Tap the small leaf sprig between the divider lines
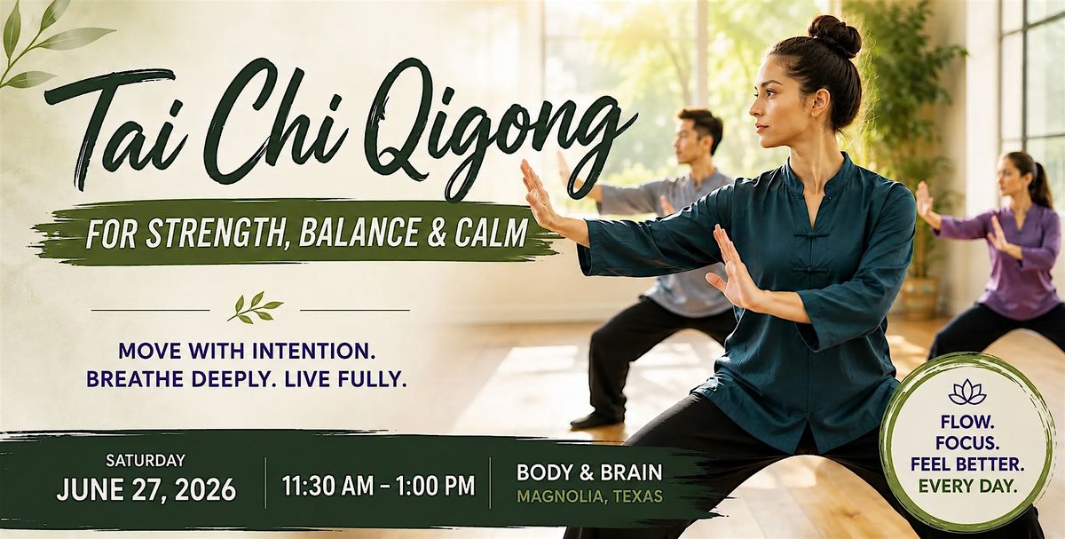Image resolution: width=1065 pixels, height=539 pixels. click(255, 307)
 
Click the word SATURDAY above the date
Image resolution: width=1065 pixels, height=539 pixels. click(146, 461)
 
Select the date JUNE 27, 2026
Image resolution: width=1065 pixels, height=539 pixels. click(146, 489)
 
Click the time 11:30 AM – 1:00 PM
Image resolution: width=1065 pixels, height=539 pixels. click(378, 486)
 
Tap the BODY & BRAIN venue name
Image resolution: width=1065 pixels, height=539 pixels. click(589, 472)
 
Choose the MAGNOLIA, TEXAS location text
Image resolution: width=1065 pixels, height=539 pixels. click(589, 496)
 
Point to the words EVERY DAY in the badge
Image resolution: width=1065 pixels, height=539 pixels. click(967, 487)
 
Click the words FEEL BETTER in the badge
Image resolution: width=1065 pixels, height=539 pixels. click(967, 464)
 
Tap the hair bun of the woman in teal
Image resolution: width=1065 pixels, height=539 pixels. click(834, 36)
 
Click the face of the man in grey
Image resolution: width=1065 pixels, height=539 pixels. click(685, 140)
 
